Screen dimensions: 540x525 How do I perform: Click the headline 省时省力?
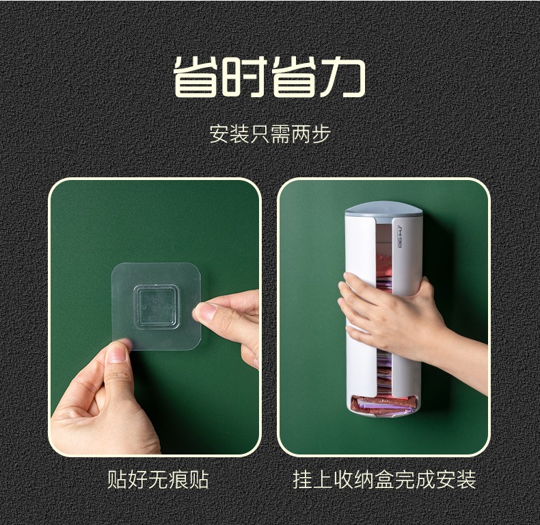coord(269,77)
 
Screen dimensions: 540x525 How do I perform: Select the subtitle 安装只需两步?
coord(270,134)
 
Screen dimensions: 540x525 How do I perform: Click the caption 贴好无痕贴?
coord(158,479)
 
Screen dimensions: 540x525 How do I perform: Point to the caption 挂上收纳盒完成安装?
coord(384,479)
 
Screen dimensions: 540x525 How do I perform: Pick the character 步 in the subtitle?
coord(321,134)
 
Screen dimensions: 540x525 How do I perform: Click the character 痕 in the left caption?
coord(178,479)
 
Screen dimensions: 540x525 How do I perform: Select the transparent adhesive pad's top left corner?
coord(113,266)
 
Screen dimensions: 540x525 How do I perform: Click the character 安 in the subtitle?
coord(219,134)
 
